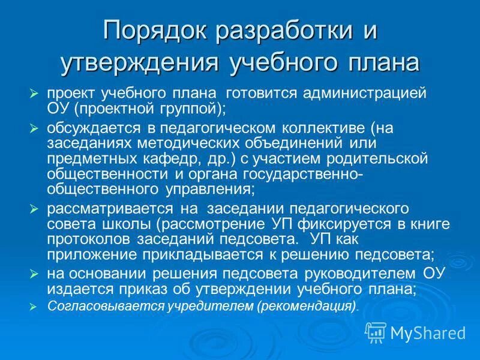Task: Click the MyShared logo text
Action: (428, 332)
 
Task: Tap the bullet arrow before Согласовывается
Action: (34, 306)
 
